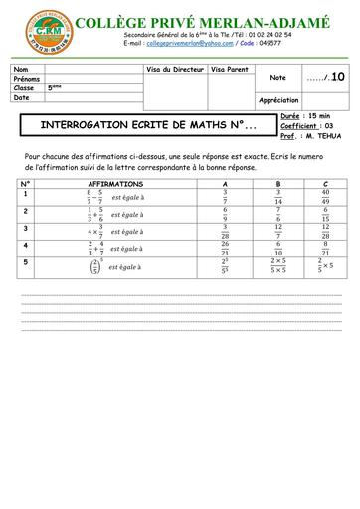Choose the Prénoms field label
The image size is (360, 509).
(x=27, y=78)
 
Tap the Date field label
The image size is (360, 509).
(x=23, y=97)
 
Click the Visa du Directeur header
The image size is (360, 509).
(x=175, y=68)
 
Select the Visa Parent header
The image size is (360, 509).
(x=232, y=68)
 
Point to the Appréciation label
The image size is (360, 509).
(x=278, y=100)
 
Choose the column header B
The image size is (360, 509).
(x=277, y=185)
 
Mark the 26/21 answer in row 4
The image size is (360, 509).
(x=226, y=248)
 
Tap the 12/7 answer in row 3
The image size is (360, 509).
(x=277, y=231)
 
